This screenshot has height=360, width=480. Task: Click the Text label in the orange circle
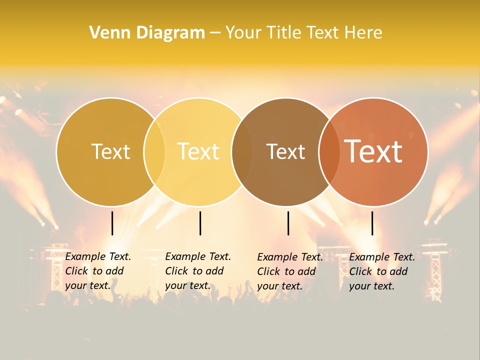coord(373,151)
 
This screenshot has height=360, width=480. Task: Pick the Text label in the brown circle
coord(285,151)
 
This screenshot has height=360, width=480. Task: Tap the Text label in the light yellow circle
coord(198,151)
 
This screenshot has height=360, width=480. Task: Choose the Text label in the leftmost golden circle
coord(111,151)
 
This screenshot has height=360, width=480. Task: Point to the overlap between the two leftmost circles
coord(154,151)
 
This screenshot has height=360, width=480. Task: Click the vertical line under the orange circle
coord(372,223)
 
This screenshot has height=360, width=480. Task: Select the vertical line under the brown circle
coord(288,223)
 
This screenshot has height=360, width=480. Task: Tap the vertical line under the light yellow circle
coord(200,223)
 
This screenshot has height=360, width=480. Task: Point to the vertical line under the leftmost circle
coord(112,223)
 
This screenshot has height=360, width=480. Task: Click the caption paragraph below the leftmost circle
coord(97,271)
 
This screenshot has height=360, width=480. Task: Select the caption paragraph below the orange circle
coord(381,271)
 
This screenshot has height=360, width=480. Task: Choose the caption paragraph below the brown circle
coord(289,271)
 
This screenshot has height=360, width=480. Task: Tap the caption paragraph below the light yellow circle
coord(197,271)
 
